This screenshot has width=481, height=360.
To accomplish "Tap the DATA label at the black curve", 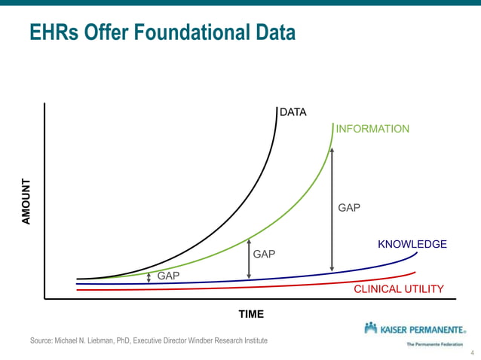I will (x=293, y=113).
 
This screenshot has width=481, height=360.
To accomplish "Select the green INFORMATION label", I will (x=372, y=129).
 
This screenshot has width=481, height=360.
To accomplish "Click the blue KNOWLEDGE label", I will (x=412, y=244).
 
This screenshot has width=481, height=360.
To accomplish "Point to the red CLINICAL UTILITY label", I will (x=399, y=289).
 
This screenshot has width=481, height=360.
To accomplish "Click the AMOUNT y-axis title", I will (x=26, y=200).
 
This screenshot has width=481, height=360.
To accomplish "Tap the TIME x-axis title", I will (x=251, y=314).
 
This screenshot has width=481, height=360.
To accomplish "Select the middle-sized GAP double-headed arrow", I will (x=248, y=259).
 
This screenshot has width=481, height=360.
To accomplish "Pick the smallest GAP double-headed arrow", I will (x=149, y=277).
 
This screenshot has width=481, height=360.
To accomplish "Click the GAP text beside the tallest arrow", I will (x=349, y=207).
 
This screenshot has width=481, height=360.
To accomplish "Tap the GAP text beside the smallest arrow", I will (x=168, y=276).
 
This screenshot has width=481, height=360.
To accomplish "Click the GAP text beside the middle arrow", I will (x=264, y=254).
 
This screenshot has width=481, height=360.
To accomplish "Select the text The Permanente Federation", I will (x=434, y=344).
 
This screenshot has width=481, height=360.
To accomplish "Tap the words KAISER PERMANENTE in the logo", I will (x=422, y=329).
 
